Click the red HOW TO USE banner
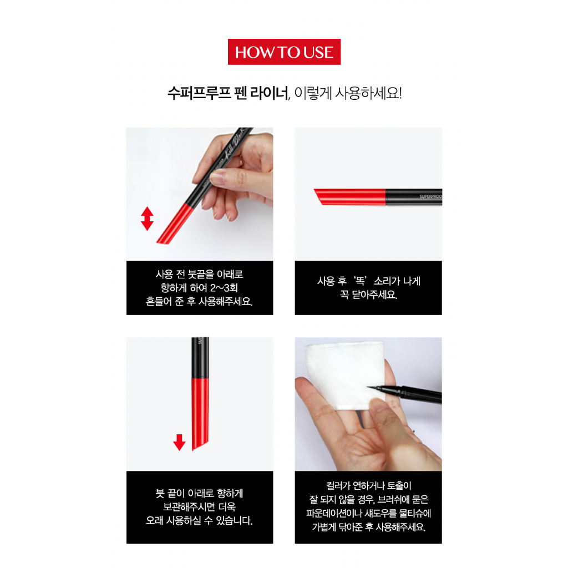[x=284, y=52]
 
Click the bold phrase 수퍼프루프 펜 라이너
[x=228, y=93]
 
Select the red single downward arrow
[x=179, y=442]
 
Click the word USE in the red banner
[x=318, y=53]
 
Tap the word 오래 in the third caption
[x=157, y=521]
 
